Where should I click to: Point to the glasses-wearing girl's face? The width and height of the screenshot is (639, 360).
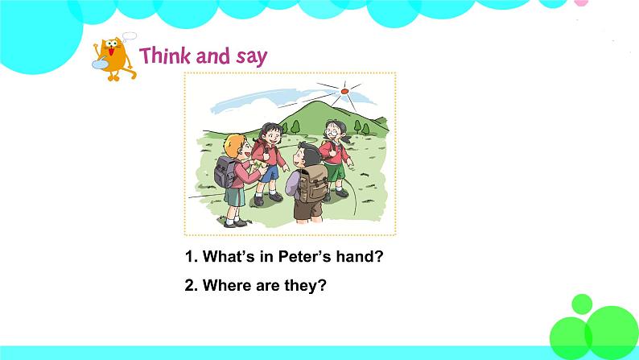(x=333, y=131)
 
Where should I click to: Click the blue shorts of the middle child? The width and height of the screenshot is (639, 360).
(x=270, y=171)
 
